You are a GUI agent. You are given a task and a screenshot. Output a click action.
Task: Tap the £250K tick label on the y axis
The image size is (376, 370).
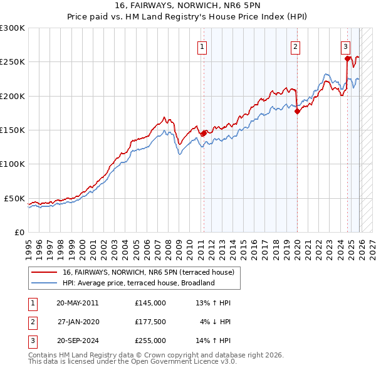(x=13, y=62)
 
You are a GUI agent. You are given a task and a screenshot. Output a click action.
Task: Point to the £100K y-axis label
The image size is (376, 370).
(x=13, y=164)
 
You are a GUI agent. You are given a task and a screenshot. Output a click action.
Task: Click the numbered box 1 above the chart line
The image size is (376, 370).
(x=202, y=46)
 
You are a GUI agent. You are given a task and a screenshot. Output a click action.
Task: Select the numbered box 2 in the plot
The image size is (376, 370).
(x=295, y=46)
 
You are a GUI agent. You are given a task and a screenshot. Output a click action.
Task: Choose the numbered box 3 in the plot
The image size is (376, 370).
(x=345, y=46)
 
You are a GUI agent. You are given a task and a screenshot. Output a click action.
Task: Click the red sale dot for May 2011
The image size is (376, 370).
(x=204, y=133)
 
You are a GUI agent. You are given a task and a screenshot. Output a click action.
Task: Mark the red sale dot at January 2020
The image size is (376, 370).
(x=297, y=112)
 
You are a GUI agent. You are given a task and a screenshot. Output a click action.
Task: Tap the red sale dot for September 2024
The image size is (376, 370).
(x=347, y=59)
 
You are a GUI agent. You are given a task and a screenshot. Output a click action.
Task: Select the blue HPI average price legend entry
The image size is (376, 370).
(x=138, y=283)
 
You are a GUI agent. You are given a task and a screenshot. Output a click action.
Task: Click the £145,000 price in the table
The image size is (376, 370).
(x=150, y=303)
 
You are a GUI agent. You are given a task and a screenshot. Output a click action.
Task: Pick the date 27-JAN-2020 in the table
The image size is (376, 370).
(x=78, y=322)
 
